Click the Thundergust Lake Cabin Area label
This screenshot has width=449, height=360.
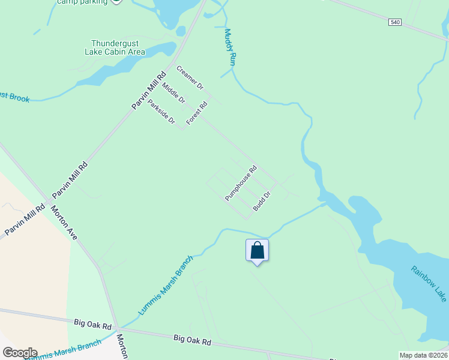(118, 47)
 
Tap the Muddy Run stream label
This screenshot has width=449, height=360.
(231, 47)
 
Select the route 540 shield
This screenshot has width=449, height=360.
(394, 22)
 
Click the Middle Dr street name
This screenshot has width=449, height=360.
(173, 92)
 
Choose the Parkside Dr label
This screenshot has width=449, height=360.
(161, 112)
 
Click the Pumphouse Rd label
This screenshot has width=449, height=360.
(241, 183)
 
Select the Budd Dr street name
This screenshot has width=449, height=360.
(262, 199)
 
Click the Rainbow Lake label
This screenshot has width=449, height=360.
(429, 283)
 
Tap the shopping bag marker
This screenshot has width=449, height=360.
(257, 251)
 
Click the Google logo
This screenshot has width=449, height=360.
(20, 353)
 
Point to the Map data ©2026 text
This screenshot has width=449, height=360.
(423, 355)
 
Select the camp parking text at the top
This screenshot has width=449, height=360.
(82, 2)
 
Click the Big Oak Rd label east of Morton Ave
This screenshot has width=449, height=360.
(192, 341)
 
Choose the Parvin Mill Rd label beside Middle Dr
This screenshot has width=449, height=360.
(148, 91)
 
